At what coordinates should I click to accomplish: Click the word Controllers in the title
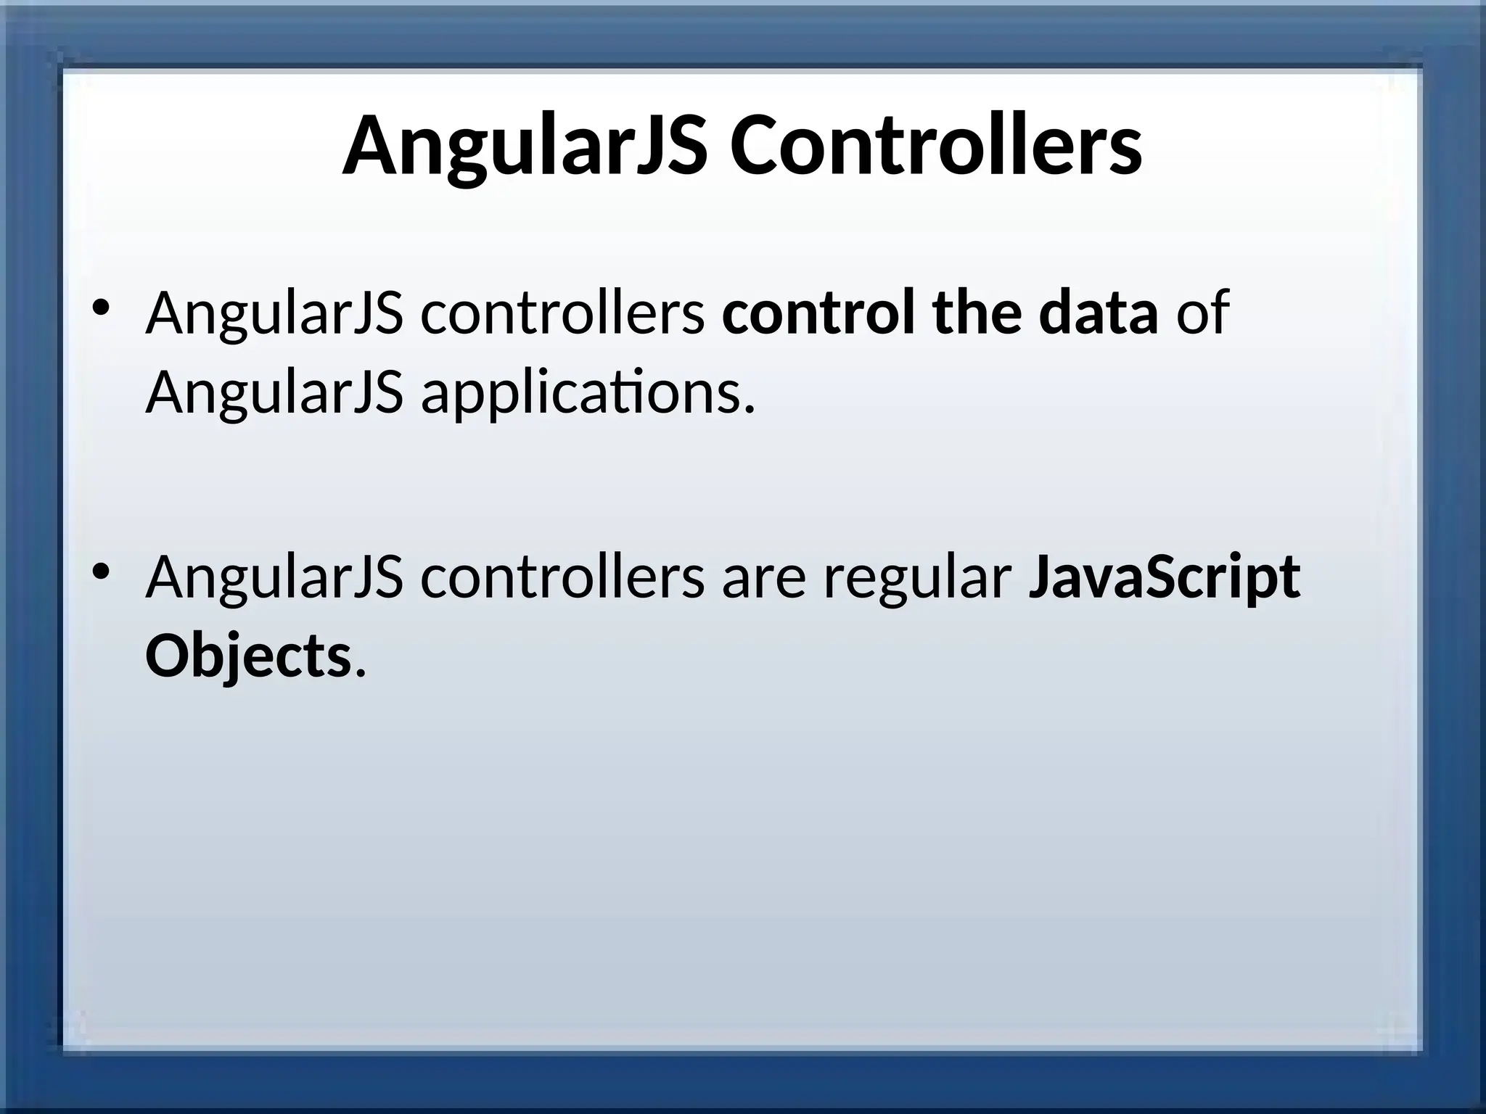click(x=935, y=147)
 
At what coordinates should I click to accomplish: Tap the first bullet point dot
click(x=101, y=307)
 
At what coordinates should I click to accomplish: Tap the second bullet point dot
click(x=101, y=572)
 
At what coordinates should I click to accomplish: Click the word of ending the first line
click(x=1202, y=313)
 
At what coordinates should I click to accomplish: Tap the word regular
click(x=917, y=579)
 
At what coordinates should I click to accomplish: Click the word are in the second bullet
click(x=763, y=579)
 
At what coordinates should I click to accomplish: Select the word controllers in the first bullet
click(x=562, y=313)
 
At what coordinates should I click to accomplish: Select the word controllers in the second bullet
click(x=562, y=579)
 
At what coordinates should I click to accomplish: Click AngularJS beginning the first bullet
click(x=274, y=313)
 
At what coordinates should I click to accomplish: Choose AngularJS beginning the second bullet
click(x=274, y=579)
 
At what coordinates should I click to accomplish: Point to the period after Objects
click(x=360, y=673)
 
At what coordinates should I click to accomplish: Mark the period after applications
click(x=750, y=410)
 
